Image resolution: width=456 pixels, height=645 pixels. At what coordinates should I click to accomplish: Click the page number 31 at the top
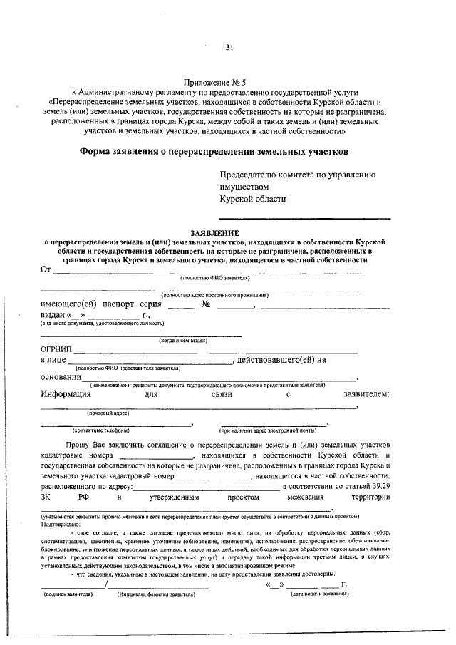(x=229, y=48)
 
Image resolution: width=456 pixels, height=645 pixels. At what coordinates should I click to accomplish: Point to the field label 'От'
(x=46, y=269)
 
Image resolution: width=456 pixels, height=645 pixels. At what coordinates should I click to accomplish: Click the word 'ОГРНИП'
(x=56, y=349)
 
